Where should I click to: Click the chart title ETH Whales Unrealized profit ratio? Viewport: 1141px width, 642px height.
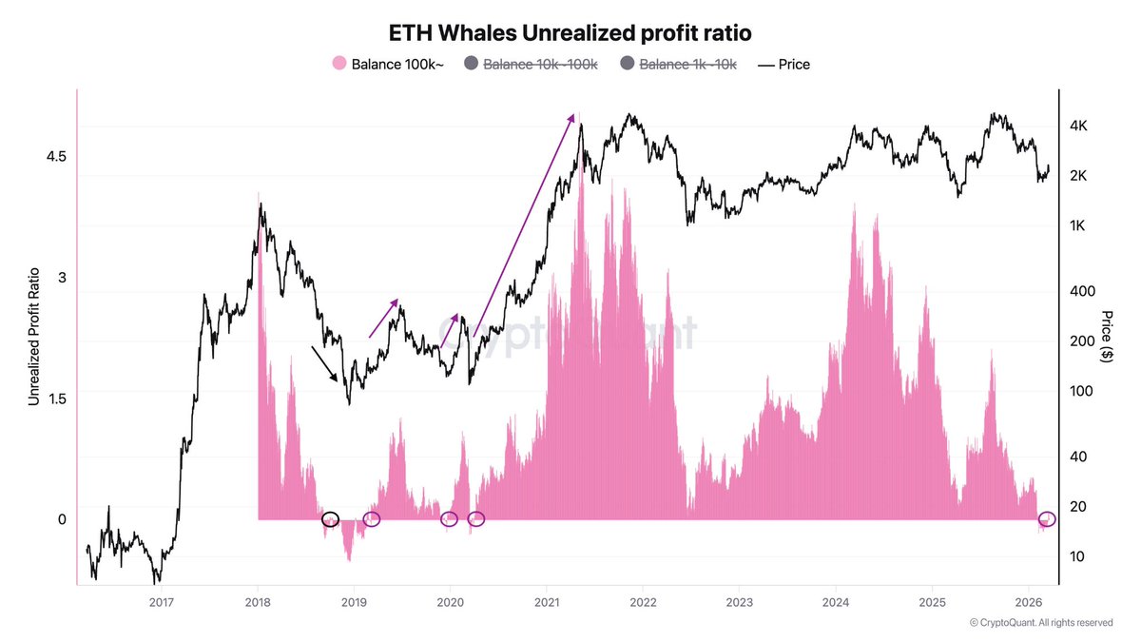coord(570,32)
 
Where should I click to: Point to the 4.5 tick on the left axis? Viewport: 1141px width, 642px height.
coord(55,156)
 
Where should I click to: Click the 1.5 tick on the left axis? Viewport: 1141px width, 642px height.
coord(55,399)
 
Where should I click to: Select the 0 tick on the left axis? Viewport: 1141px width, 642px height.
coord(62,519)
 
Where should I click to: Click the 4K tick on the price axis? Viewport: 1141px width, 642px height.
coord(1085,126)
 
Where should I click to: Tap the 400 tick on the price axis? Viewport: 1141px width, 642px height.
coord(1084,291)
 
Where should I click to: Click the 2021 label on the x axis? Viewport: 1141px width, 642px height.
coord(547,601)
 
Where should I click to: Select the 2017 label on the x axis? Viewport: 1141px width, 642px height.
coord(161,601)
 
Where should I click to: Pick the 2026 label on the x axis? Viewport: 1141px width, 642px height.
coord(1029,601)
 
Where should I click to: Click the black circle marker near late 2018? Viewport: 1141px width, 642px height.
coord(330,519)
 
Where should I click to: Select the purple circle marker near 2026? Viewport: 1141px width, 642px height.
coord(1047,519)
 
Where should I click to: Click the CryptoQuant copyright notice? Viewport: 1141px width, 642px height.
coord(1040,623)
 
